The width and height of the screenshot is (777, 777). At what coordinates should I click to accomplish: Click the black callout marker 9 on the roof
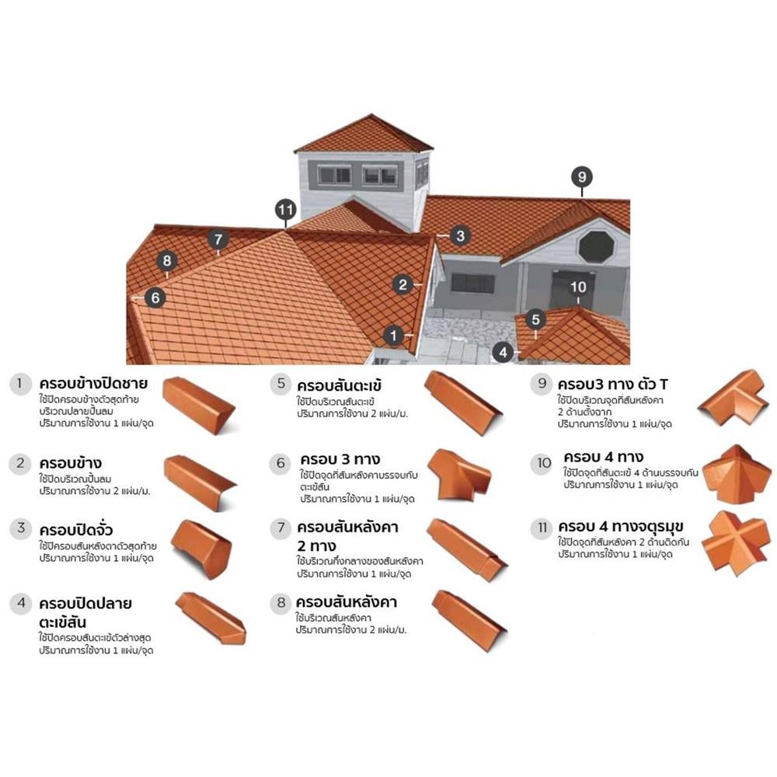coord(582,177)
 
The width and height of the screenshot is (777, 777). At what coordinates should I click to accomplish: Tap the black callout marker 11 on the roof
coord(286,210)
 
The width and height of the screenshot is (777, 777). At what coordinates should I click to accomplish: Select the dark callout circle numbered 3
coord(460,236)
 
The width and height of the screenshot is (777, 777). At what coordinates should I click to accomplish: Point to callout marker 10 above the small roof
coord(578,287)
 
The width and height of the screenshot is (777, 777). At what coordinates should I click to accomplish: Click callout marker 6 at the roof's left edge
coord(155,298)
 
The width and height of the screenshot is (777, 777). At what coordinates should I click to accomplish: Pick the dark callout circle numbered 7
coord(218,240)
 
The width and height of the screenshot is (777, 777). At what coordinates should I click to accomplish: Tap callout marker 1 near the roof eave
coord(394,336)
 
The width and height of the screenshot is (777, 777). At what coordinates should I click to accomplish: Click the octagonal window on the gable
coord(596,247)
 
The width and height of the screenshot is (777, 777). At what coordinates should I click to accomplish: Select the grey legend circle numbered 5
coord(281,384)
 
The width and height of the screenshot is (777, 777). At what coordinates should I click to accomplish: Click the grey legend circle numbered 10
coord(543,463)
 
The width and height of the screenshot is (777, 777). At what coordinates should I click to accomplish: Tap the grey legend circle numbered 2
coord(20,464)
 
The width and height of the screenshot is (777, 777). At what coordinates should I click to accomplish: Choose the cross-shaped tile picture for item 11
coord(736,544)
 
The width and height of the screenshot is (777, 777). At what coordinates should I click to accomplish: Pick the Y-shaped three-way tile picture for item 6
coord(459,475)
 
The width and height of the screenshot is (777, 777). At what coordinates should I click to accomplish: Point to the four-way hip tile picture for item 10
coord(737,474)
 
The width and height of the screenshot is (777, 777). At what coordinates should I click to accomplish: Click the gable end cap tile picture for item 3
coord(202,549)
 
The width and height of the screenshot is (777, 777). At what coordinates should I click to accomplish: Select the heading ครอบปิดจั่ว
coord(76,530)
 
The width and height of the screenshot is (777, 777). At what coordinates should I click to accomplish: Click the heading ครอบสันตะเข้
coord(340,385)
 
